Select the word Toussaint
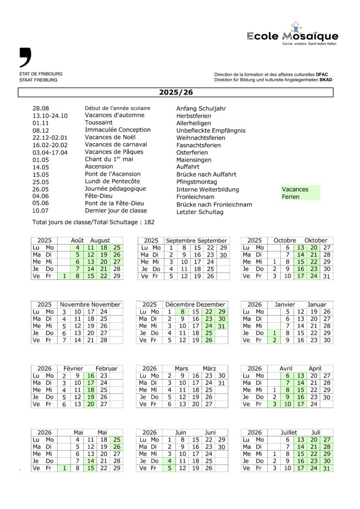(98, 123)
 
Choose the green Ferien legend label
(290, 197)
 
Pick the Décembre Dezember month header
(195, 304)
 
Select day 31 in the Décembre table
(222, 326)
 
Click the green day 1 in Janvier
(274, 333)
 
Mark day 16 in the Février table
(90, 376)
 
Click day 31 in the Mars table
(222, 383)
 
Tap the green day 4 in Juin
(170, 461)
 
